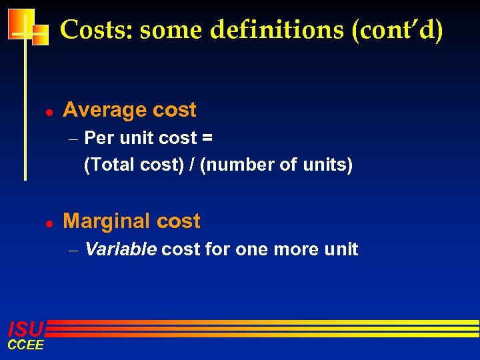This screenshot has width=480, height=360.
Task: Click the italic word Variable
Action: click(x=121, y=249)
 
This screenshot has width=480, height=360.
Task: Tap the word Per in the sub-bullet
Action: click(x=99, y=139)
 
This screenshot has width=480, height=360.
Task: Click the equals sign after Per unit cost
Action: click(x=207, y=139)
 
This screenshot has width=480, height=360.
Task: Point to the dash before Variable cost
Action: click(x=74, y=251)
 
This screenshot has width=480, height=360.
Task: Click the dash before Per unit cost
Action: click(x=74, y=139)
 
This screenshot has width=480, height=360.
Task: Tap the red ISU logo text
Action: click(x=25, y=329)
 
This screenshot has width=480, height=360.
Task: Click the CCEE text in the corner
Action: click(x=25, y=345)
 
